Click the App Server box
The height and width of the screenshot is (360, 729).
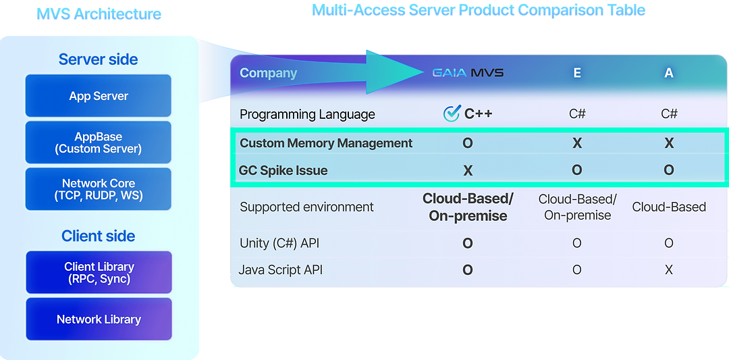pos(99,96)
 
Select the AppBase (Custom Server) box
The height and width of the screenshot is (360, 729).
pos(99,143)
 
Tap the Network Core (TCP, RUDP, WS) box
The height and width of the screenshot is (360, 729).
pos(99,190)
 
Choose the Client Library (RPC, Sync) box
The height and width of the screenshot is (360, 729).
pos(99,272)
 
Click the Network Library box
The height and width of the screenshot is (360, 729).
pos(99,319)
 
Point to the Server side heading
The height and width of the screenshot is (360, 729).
pos(99,59)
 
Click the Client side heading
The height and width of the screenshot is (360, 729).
pos(99,236)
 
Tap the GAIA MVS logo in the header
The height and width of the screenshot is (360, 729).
pos(468,73)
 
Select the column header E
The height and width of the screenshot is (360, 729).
pos(577,73)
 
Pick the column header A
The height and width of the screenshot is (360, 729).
pos(669,73)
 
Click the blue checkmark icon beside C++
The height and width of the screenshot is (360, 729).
pos(452,113)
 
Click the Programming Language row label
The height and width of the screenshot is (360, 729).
pos(307,114)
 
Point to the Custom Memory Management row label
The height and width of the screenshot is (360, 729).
pos(326,143)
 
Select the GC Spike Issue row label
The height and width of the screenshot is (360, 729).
pos(283,170)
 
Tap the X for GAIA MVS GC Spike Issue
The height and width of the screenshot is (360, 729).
pos(468,170)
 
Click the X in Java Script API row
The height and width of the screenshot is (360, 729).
pos(669,270)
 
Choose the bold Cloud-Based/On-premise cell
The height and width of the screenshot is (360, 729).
pos(468,207)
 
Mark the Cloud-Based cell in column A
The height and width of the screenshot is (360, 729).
pos(669,207)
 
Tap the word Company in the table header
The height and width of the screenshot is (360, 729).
pos(268,73)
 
